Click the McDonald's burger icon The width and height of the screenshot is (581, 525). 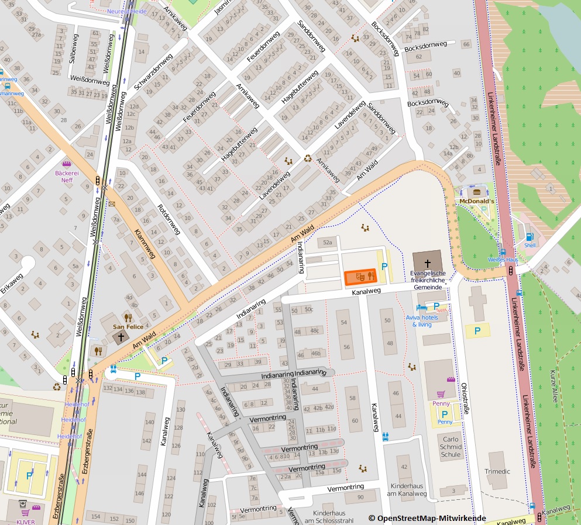click(x=476, y=191)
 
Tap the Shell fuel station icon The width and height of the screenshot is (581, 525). click(x=530, y=237)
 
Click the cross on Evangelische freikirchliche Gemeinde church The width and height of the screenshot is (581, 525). click(x=428, y=263)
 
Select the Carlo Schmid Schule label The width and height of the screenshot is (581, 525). click(x=451, y=447)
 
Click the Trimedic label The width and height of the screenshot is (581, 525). click(x=497, y=471)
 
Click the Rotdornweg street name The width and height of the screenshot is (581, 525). click(x=168, y=219)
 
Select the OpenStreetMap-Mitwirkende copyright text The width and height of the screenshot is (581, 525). click(x=427, y=518)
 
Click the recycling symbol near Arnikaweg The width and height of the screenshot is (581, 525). click(x=308, y=157)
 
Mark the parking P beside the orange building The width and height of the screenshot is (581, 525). click(x=384, y=267)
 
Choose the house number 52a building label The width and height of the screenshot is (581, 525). click(x=327, y=242)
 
